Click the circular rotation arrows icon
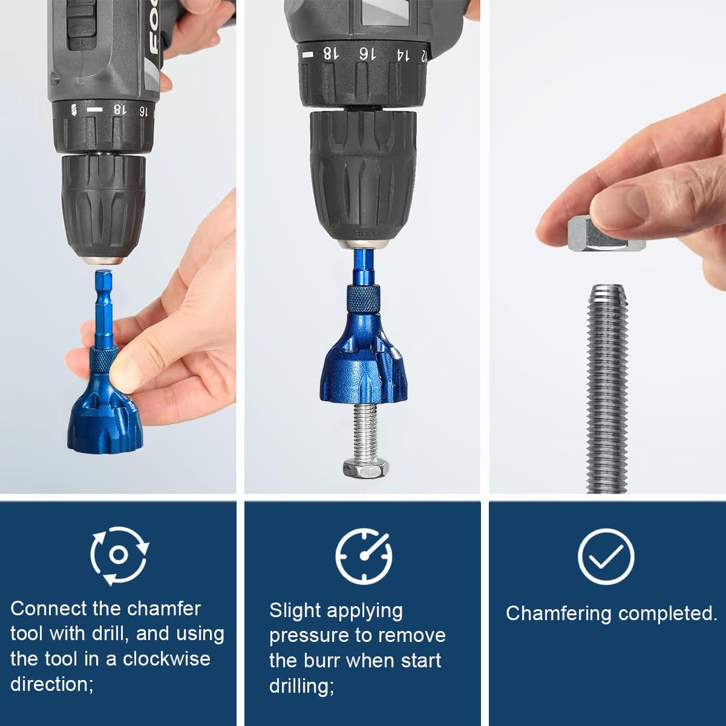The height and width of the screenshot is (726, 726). [119, 555]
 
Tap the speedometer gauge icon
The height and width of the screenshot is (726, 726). [364, 555]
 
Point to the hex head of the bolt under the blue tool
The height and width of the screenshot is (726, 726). [363, 468]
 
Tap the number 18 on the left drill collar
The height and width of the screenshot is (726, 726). [120, 110]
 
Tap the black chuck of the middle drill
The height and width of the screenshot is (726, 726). [363, 175]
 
